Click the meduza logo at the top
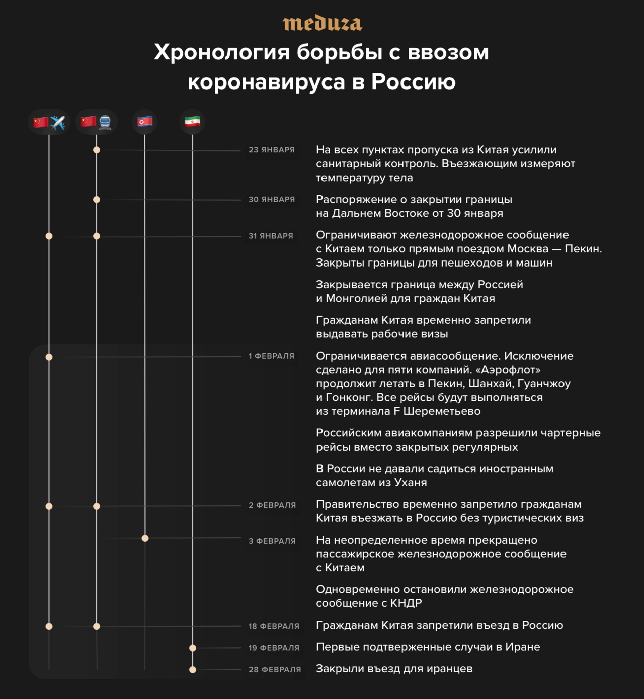[322, 24]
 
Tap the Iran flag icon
[192, 122]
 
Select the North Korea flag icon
[145, 122]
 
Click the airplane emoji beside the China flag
[58, 122]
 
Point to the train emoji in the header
[105, 122]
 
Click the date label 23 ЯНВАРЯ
[271, 150]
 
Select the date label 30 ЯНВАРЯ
[271, 199]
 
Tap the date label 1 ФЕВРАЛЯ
[271, 356]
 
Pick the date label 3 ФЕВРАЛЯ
[272, 541]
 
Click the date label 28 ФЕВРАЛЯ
[275, 669]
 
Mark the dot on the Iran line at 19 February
[193, 648]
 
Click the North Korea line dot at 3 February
[145, 538]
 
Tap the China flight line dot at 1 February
[49, 357]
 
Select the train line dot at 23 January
[97, 150]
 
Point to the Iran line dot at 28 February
[193, 669]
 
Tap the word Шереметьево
[442, 411]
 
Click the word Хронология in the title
[222, 52]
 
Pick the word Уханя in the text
[409, 482]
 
